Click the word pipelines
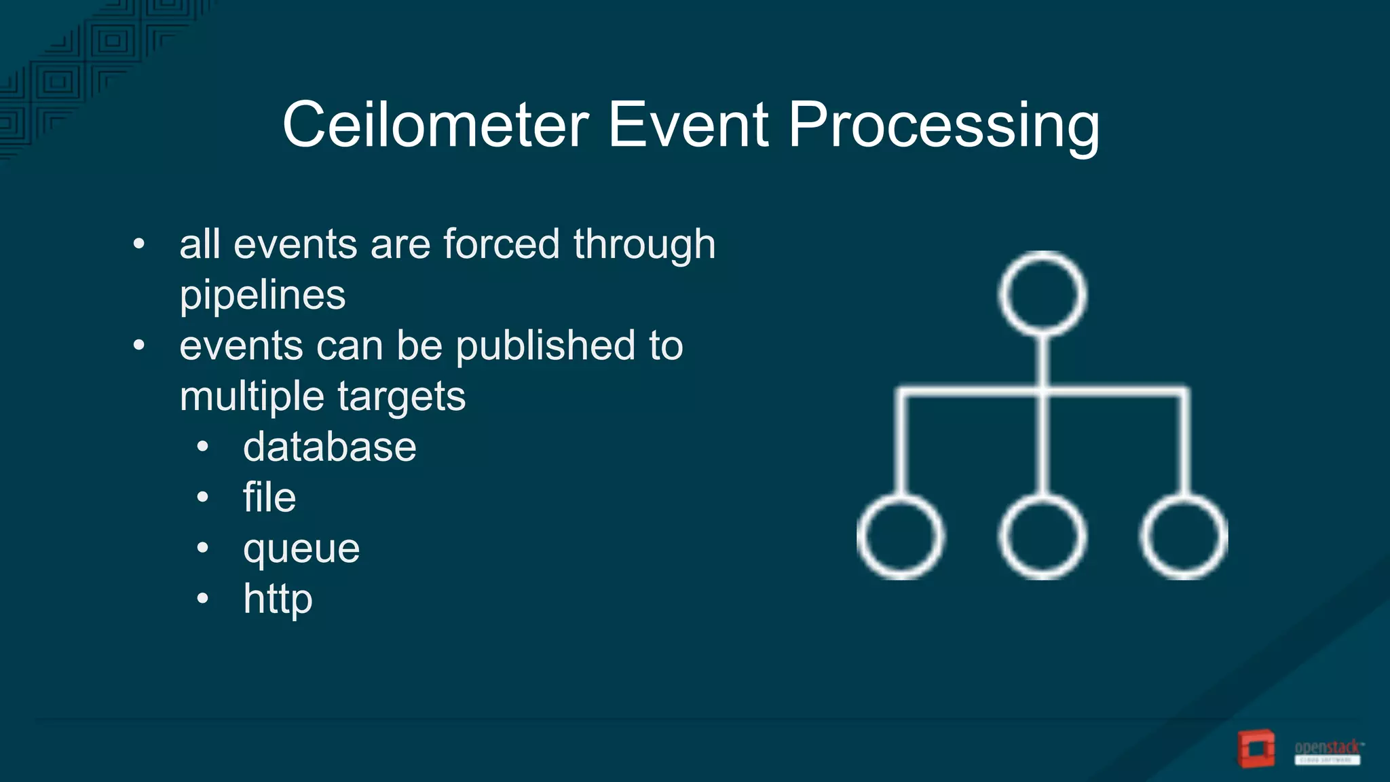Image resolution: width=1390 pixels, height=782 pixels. pos(263,296)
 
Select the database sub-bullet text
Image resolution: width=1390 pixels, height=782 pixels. pos(329,447)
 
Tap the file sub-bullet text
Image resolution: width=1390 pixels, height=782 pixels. pos(269,498)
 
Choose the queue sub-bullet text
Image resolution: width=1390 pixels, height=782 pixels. pos(301,549)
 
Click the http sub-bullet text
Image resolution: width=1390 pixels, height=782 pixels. pos(278,599)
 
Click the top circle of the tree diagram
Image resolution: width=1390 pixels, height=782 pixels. pos(1042,294)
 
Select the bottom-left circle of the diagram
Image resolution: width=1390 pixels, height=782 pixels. pos(900,536)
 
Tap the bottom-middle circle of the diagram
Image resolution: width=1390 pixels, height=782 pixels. pos(1042,536)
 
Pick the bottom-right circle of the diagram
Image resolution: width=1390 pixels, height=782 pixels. pos(1184,536)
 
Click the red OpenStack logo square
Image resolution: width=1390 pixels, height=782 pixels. pos(1256,749)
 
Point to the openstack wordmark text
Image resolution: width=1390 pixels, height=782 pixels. pos(1327,747)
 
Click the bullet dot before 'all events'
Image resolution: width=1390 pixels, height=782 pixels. pos(139,244)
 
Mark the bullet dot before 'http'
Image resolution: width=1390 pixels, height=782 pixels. pos(202,599)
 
